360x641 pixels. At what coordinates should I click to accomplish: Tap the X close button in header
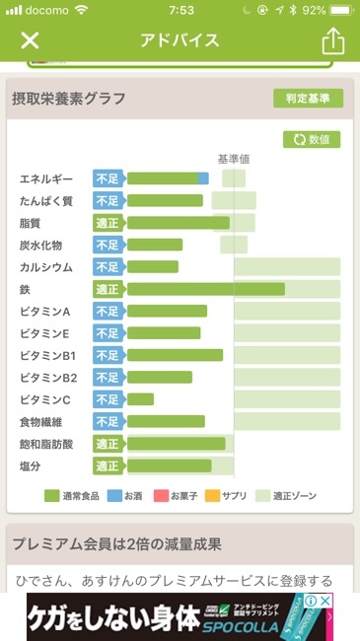(x=30, y=40)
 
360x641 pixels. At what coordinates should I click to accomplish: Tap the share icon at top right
(x=332, y=40)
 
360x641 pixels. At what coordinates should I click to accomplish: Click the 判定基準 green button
(x=308, y=98)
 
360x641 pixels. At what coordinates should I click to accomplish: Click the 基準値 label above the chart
(x=234, y=159)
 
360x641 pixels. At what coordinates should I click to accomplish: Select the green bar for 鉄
(x=205, y=289)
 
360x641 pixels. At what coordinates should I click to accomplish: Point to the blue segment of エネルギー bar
(x=203, y=178)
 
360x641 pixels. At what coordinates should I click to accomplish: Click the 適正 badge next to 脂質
(x=108, y=223)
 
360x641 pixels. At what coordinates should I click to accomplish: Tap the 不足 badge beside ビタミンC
(x=108, y=399)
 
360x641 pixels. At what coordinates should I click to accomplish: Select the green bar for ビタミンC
(x=140, y=399)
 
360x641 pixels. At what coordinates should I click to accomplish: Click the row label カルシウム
(x=46, y=267)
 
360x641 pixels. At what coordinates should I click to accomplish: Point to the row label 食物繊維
(x=44, y=422)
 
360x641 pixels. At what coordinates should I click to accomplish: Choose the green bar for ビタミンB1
(x=175, y=355)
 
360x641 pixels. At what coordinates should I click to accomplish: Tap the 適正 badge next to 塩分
(x=108, y=465)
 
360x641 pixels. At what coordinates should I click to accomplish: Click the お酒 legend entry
(x=126, y=495)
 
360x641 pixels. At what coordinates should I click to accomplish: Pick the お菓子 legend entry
(x=177, y=495)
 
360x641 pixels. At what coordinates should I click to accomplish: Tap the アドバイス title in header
(x=180, y=40)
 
